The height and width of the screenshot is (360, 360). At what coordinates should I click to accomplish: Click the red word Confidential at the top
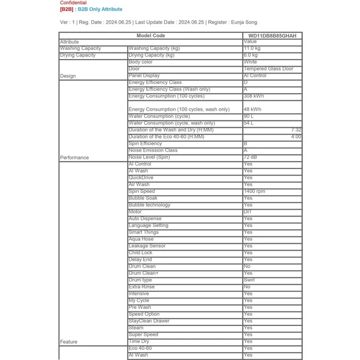[x=73, y=3]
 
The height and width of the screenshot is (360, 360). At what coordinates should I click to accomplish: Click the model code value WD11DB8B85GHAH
[x=272, y=36]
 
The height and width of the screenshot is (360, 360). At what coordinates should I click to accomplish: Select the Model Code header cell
[x=151, y=36]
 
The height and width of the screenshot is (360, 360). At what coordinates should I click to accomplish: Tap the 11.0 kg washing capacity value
[x=252, y=49]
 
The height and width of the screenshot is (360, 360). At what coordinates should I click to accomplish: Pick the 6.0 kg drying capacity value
[x=252, y=55]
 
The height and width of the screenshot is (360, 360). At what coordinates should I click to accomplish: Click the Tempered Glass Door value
[x=268, y=69]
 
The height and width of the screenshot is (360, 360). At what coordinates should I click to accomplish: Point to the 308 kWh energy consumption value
[x=254, y=96]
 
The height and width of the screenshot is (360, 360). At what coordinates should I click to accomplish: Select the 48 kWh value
[x=252, y=109]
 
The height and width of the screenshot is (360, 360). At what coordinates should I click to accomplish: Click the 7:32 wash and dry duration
[x=296, y=130]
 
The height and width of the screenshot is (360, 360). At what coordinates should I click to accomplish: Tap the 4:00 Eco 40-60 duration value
[x=296, y=137]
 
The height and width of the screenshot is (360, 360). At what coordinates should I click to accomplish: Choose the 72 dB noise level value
[x=251, y=157]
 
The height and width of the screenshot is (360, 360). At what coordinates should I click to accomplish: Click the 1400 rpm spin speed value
[x=255, y=192]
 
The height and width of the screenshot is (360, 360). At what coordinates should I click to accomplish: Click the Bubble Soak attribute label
[x=143, y=198]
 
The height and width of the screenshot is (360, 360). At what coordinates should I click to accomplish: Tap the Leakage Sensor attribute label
[x=147, y=246]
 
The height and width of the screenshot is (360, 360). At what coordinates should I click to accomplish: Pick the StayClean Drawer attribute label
[x=149, y=321]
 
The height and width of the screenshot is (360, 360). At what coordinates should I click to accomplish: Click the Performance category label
[x=74, y=157]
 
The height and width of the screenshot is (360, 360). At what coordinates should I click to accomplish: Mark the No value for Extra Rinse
[x=247, y=287]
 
